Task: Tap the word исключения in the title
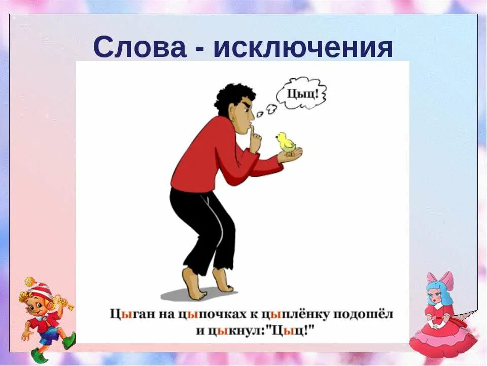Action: click(303, 49)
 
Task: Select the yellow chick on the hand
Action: click(285, 142)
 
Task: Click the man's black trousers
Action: click(205, 224)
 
